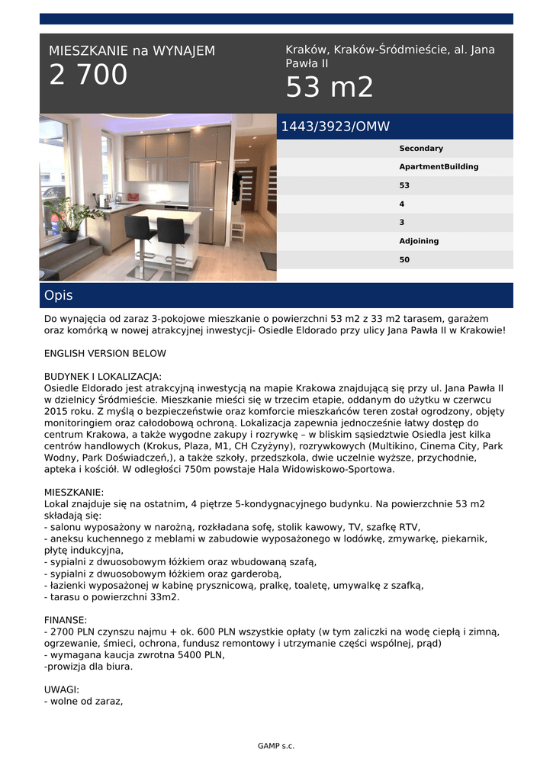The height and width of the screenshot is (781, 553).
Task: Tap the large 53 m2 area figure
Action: [330, 88]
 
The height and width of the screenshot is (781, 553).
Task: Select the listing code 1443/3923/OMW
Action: [336, 127]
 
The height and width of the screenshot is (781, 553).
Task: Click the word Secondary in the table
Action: [420, 149]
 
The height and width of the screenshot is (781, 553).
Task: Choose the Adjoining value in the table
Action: [419, 241]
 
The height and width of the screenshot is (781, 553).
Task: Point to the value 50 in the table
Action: [404, 260]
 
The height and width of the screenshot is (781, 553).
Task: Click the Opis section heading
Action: [59, 295]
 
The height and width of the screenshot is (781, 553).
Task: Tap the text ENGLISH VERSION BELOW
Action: [105, 354]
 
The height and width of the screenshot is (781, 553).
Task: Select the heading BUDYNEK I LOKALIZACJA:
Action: [103, 377]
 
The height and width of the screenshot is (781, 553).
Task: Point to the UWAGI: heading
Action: [62, 689]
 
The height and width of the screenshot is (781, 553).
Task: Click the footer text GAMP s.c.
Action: [276, 746]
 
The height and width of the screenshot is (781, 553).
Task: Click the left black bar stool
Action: [140, 236]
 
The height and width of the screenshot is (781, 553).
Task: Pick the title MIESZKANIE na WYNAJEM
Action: [132, 51]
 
